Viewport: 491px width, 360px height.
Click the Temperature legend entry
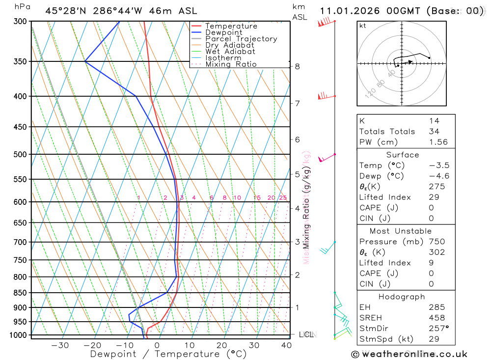click(x=231, y=26)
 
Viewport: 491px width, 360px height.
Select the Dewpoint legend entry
click(x=223, y=32)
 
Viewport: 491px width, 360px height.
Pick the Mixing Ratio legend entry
click(x=231, y=64)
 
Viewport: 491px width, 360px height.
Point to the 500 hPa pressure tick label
click(x=20, y=154)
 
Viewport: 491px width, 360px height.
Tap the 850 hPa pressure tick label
click(x=20, y=293)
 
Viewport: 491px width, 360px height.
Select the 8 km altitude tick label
click(x=297, y=66)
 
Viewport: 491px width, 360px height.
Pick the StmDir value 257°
click(x=438, y=329)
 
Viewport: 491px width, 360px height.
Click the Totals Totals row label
click(x=387, y=131)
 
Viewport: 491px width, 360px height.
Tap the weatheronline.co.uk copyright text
click(x=409, y=354)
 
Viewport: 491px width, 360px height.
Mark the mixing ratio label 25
click(x=283, y=198)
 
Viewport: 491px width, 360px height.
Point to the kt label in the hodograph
click(x=362, y=26)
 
